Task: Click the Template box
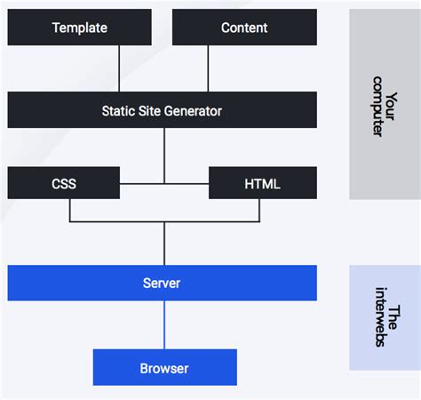point(79,28)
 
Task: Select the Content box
point(244,28)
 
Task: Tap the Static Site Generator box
point(162,111)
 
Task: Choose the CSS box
point(63,184)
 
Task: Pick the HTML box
point(262,184)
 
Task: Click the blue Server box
point(162,283)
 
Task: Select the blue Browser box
point(164,367)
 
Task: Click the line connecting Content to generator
point(208,68)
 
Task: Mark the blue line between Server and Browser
point(164,324)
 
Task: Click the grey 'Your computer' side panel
point(384,104)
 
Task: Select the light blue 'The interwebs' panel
point(384,317)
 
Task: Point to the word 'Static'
point(119,111)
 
